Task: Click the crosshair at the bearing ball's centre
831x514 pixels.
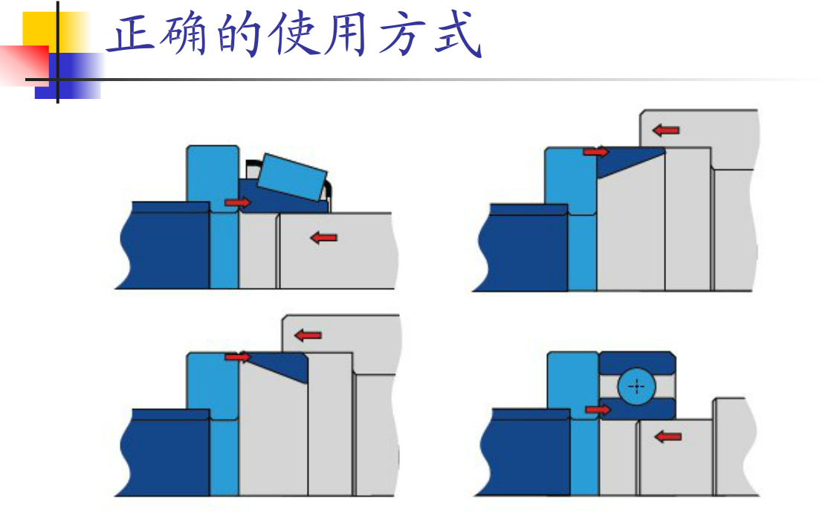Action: click(x=636, y=387)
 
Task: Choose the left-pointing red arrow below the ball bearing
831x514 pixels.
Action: click(x=668, y=437)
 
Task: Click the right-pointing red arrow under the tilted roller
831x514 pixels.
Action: click(x=238, y=202)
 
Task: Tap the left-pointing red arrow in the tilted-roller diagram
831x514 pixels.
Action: click(x=323, y=238)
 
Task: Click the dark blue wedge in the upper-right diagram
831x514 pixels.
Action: click(x=624, y=161)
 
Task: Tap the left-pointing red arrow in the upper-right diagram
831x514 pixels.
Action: click(x=666, y=130)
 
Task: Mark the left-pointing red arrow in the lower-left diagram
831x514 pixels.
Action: click(x=308, y=335)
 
